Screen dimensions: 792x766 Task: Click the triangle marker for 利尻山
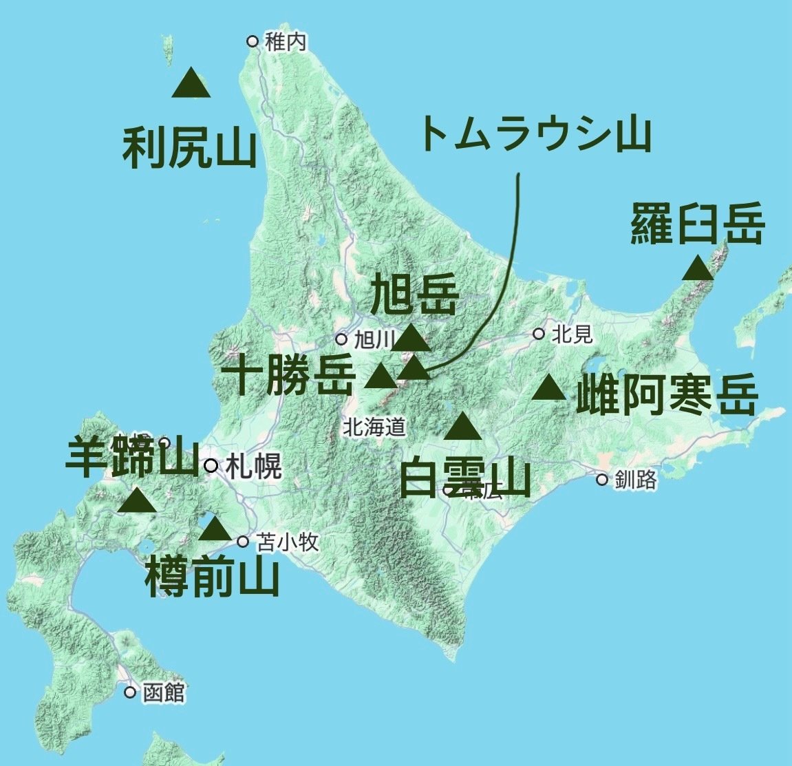click(191, 84)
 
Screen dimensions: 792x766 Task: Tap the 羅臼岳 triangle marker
click(698, 268)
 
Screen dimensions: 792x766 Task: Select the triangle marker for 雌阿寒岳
click(549, 389)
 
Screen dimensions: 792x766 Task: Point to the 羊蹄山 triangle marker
click(136, 500)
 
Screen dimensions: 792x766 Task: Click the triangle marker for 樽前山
click(215, 529)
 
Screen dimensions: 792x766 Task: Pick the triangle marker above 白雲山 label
click(462, 427)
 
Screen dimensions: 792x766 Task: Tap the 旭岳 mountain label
click(414, 294)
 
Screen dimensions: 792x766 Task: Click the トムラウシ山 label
click(534, 135)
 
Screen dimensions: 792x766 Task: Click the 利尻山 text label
click(189, 149)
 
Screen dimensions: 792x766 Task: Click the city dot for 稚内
click(253, 41)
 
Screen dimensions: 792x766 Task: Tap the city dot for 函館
click(130, 692)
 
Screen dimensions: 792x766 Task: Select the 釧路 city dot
click(603, 480)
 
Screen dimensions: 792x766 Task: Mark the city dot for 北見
click(539, 334)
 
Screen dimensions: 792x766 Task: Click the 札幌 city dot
click(211, 466)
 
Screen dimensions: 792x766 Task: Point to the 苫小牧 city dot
click(243, 542)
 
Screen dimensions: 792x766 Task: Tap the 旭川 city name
click(373, 339)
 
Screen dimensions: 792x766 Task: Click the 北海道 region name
click(374, 427)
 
